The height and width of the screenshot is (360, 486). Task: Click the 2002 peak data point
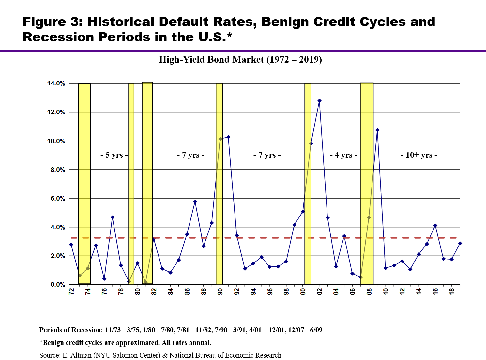(319, 101)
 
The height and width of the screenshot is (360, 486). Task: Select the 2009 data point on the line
(377, 130)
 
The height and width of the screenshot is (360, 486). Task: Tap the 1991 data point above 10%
(228, 137)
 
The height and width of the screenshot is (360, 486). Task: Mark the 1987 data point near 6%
(195, 202)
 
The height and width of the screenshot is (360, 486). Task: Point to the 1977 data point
(113, 217)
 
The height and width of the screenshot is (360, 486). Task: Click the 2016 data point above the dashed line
(435, 225)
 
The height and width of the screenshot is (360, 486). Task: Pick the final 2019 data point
(460, 244)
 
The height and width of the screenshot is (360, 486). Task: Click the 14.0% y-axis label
(56, 83)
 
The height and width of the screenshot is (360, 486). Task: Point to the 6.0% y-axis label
(58, 199)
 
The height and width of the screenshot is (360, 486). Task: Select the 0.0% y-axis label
(58, 285)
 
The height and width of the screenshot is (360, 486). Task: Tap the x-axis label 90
(220, 292)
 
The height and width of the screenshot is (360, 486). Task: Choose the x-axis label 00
(303, 292)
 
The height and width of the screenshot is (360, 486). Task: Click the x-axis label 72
(71, 292)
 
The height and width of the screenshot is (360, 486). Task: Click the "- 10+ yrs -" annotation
(419, 155)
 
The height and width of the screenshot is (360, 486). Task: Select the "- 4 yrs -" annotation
(343, 155)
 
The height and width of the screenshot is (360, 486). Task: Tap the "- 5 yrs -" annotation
(114, 155)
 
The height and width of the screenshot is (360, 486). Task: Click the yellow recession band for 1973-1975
(84, 184)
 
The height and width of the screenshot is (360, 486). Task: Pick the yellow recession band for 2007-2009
(367, 183)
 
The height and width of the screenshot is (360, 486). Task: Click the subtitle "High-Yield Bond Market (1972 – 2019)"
(240, 59)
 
